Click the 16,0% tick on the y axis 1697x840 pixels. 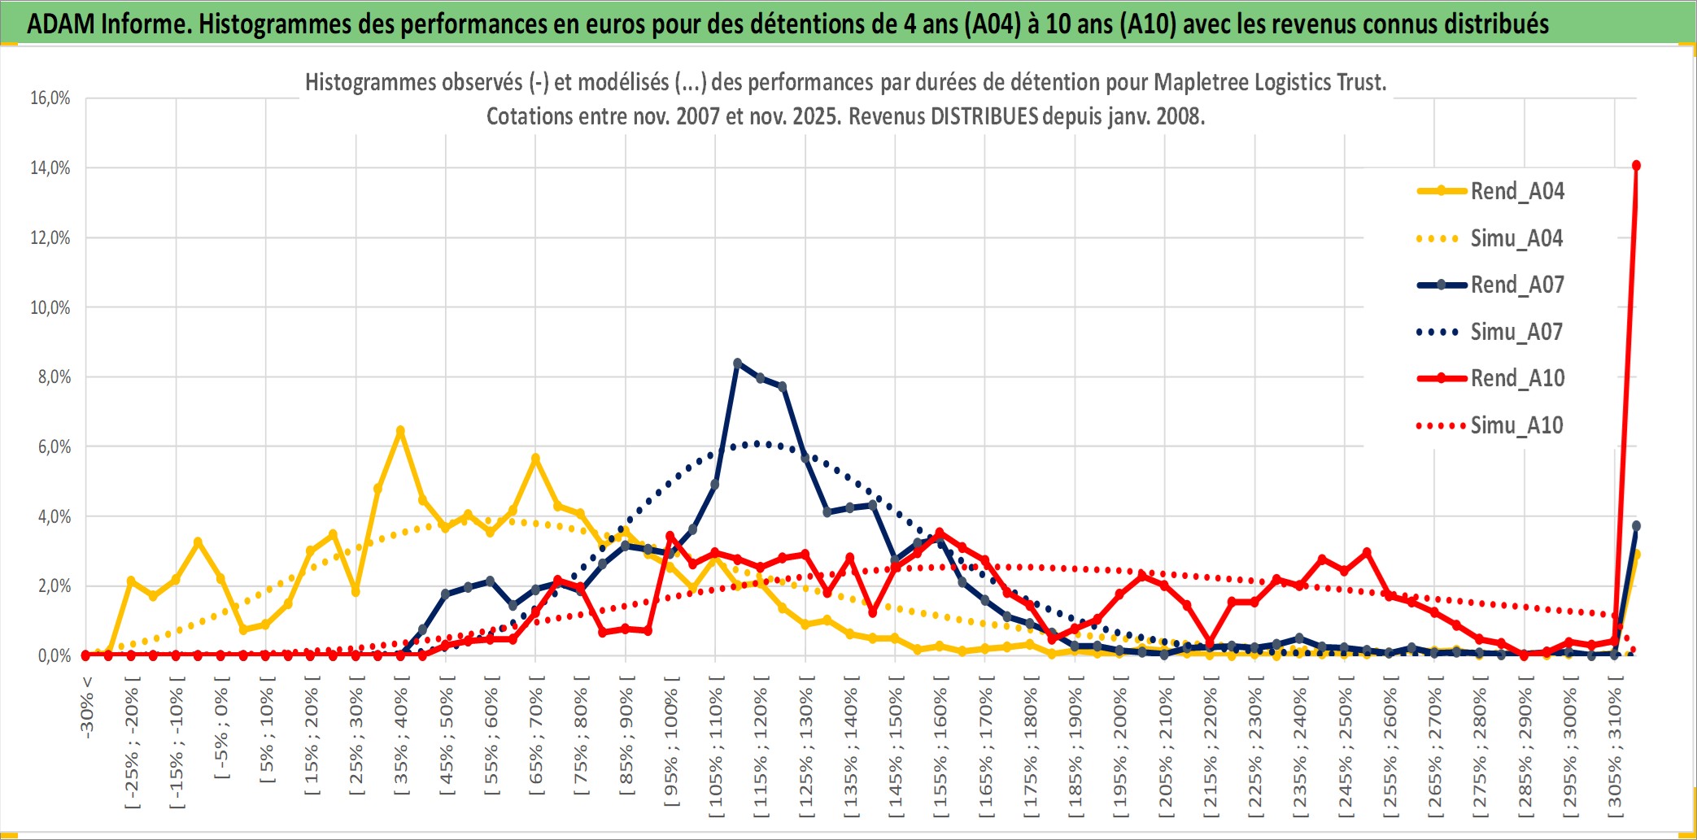pos(50,98)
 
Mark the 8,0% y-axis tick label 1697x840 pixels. pos(54,377)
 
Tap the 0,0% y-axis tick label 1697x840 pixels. pos(54,656)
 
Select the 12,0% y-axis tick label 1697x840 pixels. pos(50,238)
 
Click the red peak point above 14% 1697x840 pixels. pos(1636,166)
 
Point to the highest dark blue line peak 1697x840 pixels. pos(737,363)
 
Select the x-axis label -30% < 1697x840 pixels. pos(87,707)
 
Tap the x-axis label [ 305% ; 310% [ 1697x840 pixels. pos(1615,749)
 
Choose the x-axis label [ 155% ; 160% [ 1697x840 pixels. pos(940,749)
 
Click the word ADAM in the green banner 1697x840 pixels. pos(61,24)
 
